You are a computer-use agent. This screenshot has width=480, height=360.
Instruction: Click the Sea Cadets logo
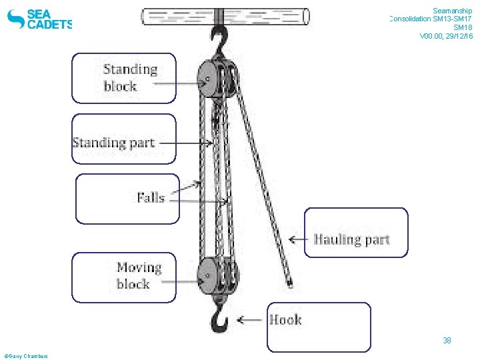[x=39, y=19]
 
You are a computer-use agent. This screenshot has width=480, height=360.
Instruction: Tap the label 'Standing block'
[x=130, y=77]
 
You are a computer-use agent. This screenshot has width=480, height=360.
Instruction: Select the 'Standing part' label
[x=113, y=142]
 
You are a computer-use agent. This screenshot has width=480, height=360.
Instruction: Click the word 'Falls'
[x=151, y=197]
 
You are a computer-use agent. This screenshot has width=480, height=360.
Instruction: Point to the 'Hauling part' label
[x=351, y=239]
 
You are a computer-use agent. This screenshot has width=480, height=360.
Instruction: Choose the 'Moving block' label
[x=139, y=275]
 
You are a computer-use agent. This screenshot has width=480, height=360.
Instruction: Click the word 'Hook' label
[x=285, y=320]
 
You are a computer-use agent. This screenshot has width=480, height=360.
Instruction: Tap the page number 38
[x=447, y=341]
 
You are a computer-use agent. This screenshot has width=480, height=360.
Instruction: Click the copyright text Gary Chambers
[x=26, y=356]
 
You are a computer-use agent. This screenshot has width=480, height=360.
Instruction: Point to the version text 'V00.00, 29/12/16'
[x=446, y=36]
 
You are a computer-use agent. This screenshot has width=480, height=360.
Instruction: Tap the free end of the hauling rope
[x=290, y=285]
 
